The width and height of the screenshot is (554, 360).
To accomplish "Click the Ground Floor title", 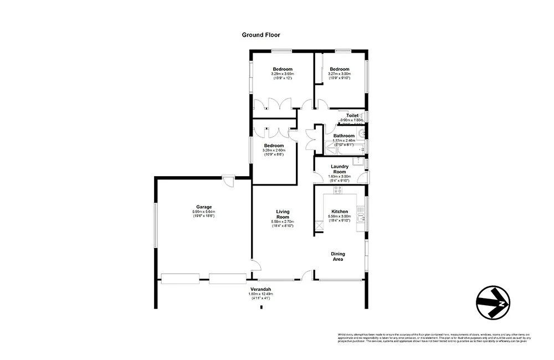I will pyautogui.click(x=260, y=35).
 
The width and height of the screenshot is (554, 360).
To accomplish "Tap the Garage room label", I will pyautogui.click(x=203, y=207).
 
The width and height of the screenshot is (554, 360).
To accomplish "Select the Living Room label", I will pyautogui.click(x=283, y=214).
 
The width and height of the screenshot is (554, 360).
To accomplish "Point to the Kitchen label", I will pyautogui.click(x=339, y=212).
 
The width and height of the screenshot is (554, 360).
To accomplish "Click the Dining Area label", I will pyautogui.click(x=338, y=256).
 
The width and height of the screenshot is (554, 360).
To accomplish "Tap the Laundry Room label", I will pyautogui.click(x=339, y=169).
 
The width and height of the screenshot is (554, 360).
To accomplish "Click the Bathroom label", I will pyautogui.click(x=343, y=136).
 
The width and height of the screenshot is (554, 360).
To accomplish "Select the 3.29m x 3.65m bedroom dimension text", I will pyautogui.click(x=283, y=74).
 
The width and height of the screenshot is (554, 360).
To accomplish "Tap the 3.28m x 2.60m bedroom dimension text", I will pyautogui.click(x=274, y=150).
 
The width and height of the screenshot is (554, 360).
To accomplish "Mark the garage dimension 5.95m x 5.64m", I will pyautogui.click(x=203, y=212).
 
